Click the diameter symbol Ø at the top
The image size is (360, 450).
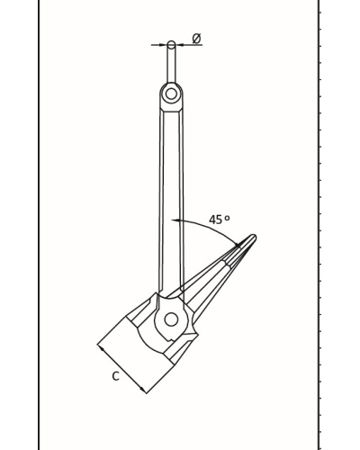click(196, 39)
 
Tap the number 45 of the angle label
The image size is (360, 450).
click(215, 220)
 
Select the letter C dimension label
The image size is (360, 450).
click(116, 376)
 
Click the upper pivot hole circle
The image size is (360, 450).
click(171, 94)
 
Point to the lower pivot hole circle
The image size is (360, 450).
click(171, 319)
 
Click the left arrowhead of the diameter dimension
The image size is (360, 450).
click(164, 45)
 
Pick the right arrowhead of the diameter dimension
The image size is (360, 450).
click(179, 45)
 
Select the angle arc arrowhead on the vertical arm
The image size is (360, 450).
click(175, 220)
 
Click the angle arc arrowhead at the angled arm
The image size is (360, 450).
click(238, 245)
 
